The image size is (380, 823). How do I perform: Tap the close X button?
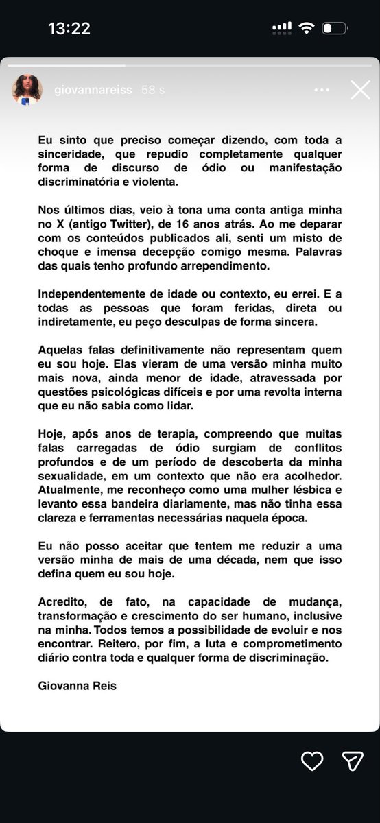point(360,90)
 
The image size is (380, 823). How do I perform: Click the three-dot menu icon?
point(322,90)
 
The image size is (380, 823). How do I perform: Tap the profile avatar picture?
point(27,90)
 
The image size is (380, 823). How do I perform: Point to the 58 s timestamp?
point(152,90)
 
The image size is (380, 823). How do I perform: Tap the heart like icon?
point(312,760)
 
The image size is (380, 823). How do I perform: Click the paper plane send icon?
point(352,760)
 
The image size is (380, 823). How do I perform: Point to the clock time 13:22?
point(69,29)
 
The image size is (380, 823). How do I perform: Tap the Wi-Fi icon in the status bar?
point(307,28)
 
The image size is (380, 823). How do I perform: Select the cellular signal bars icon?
point(281,28)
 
